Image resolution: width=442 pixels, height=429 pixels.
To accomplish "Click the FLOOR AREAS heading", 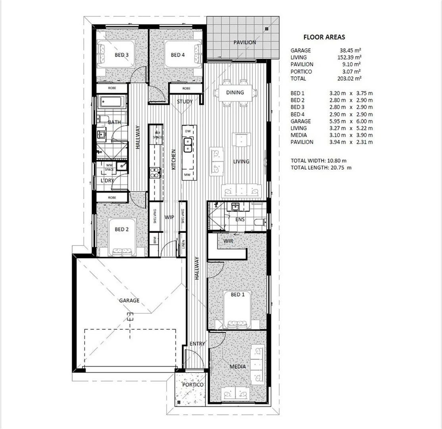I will [324, 37].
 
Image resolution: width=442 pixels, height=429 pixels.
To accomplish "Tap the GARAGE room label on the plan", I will [129, 300].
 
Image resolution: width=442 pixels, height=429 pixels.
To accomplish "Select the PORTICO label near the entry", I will [193, 385].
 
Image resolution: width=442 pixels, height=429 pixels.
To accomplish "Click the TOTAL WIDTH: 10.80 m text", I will [319, 160].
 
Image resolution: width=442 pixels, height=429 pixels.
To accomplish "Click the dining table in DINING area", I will [234, 93].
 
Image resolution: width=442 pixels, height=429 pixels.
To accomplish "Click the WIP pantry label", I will [170, 217].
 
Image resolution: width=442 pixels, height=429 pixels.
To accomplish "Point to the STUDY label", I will [185, 102].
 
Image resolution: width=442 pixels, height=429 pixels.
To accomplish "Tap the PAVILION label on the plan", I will [244, 42].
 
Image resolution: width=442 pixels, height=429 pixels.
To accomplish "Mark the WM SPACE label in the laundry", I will [109, 167].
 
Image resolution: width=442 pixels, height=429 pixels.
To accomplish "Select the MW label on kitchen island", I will [187, 175].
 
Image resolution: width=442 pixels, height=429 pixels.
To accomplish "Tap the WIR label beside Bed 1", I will [228, 241].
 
